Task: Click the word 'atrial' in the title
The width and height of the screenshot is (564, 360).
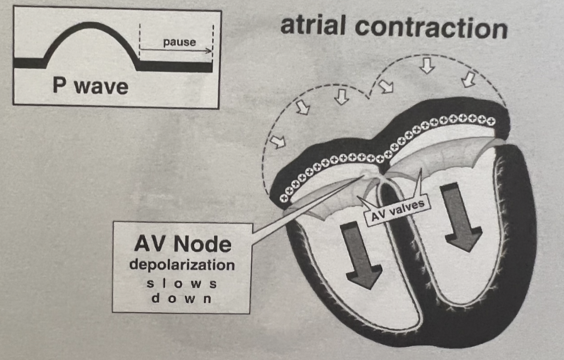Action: (x=322, y=25)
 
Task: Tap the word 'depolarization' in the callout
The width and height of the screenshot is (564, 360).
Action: (x=182, y=265)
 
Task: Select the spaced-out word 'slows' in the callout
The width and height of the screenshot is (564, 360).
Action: (x=182, y=284)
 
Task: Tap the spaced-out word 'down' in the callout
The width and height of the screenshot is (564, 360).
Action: (x=182, y=299)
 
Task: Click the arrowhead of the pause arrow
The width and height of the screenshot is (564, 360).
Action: (x=210, y=50)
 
